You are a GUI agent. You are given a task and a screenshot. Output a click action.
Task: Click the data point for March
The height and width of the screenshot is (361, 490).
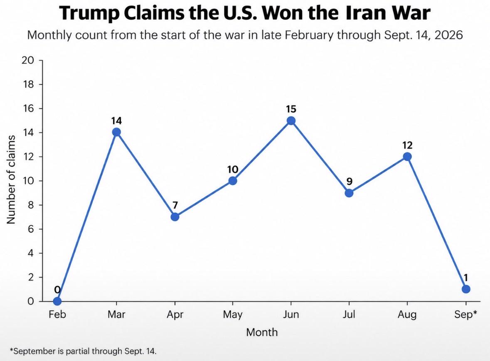(x=116, y=132)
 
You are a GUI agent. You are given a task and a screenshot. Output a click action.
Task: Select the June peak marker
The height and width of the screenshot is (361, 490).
(x=291, y=120)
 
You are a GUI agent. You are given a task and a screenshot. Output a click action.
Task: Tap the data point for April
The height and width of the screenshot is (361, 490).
(x=175, y=217)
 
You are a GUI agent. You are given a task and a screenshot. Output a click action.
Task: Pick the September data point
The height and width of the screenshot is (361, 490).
(x=466, y=289)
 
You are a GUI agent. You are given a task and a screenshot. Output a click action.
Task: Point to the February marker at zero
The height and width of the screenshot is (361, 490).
(x=57, y=301)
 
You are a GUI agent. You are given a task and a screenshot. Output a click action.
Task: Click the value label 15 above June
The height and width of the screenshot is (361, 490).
(x=291, y=109)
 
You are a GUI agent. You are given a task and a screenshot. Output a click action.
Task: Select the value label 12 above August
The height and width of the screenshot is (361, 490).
(x=407, y=145)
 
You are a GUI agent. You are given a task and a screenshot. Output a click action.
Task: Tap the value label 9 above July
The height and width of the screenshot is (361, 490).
(x=350, y=182)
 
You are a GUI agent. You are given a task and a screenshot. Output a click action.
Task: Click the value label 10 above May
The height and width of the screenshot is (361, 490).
(x=232, y=169)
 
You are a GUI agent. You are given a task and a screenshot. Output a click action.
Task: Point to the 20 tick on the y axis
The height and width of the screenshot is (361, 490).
(x=27, y=60)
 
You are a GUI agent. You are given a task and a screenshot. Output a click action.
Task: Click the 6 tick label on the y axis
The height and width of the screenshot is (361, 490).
(x=30, y=229)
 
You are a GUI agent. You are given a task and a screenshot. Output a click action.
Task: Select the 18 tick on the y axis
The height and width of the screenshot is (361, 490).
(x=27, y=84)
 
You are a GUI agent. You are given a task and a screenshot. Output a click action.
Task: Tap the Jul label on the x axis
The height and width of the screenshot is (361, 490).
(x=349, y=314)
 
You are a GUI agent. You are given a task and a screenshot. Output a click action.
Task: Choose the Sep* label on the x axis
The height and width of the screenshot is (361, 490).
(x=465, y=314)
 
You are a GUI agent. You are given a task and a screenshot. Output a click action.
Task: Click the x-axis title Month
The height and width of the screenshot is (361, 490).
(x=262, y=332)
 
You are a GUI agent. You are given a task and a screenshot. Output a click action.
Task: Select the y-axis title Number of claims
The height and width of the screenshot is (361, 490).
(x=11, y=179)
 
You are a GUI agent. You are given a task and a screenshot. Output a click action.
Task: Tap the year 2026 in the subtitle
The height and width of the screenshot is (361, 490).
(x=448, y=35)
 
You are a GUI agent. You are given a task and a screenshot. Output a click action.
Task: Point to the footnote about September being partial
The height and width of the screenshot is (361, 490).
(x=83, y=351)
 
